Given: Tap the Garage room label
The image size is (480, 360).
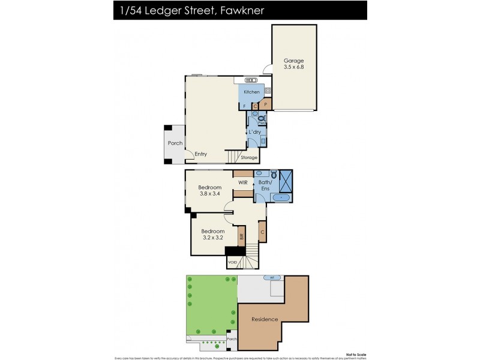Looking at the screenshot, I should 293,61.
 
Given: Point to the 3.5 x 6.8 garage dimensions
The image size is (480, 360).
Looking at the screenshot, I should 293,68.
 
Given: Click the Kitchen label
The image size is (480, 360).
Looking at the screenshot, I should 251,92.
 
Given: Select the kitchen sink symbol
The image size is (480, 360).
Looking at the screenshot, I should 251,80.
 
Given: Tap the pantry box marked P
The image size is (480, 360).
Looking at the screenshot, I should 265,104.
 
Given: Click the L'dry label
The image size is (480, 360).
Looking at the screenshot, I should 254,131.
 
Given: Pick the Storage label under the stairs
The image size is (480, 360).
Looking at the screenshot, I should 249,158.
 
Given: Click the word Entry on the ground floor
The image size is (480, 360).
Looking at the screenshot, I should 201,154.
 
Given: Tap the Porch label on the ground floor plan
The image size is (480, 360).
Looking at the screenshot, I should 175,143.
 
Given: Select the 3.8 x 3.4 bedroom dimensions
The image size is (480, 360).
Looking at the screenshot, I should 210,194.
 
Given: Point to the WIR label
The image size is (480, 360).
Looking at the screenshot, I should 243,182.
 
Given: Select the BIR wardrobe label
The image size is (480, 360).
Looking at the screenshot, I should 242,236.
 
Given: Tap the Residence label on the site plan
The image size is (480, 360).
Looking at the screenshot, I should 264,319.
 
